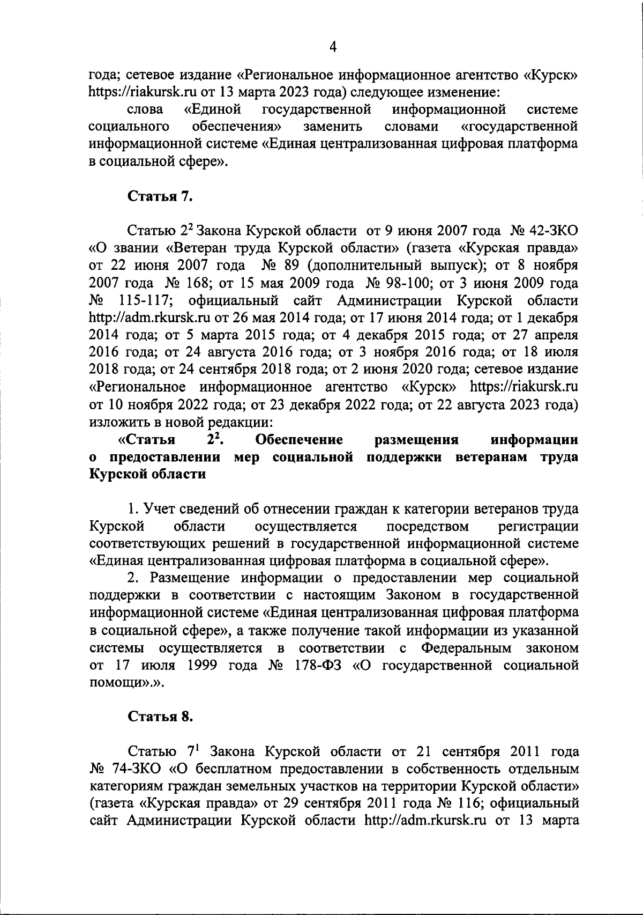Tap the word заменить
tap(333, 127)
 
